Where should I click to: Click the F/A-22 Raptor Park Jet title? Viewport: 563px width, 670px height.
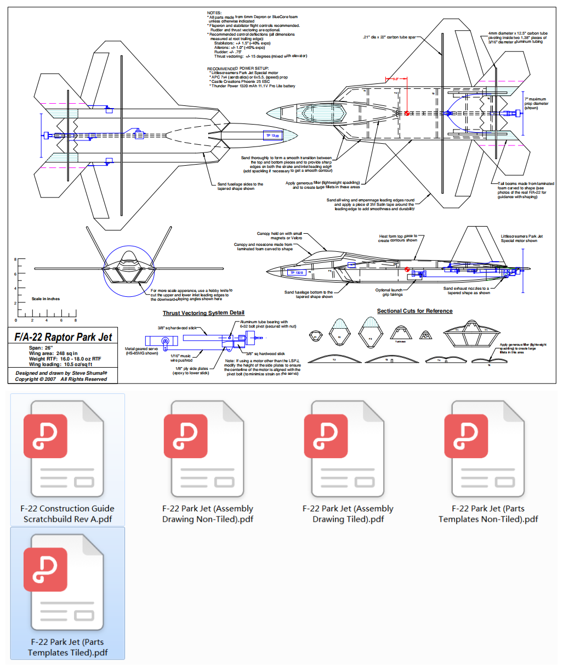[x=63, y=337]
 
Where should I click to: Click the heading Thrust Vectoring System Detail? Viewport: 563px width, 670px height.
[x=203, y=313]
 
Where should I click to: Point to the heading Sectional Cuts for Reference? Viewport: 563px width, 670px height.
[x=414, y=311]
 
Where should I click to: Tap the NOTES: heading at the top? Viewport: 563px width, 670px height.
[x=214, y=13]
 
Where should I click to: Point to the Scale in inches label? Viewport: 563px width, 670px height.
[x=46, y=299]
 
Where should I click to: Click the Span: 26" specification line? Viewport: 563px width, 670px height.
[x=41, y=348]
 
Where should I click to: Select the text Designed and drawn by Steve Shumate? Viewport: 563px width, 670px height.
[x=61, y=373]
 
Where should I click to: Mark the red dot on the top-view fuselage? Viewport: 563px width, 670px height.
[x=407, y=113]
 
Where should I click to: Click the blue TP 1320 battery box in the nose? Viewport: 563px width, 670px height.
[x=272, y=136]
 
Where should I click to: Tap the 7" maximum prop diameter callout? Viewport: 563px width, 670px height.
[x=536, y=104]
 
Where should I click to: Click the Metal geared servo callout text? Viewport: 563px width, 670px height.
[x=141, y=351]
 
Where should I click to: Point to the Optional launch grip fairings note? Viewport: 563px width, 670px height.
[x=389, y=292]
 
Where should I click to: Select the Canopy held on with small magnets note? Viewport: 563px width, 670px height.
[x=280, y=236]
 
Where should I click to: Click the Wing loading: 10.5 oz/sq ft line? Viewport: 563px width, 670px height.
[x=61, y=364]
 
